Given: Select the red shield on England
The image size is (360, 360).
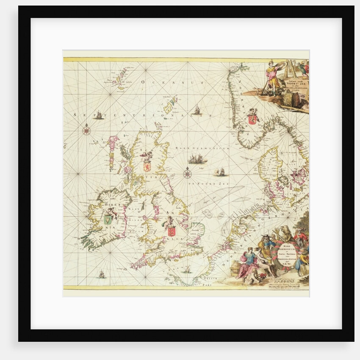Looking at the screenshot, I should click(171, 231).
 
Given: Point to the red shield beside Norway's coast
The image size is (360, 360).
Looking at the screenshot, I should click(253, 119).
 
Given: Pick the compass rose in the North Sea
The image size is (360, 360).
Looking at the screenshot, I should click(188, 173).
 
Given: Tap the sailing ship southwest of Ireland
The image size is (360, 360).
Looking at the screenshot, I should click(102, 275).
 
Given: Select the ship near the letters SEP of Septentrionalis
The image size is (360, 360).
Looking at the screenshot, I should click(98, 114).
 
